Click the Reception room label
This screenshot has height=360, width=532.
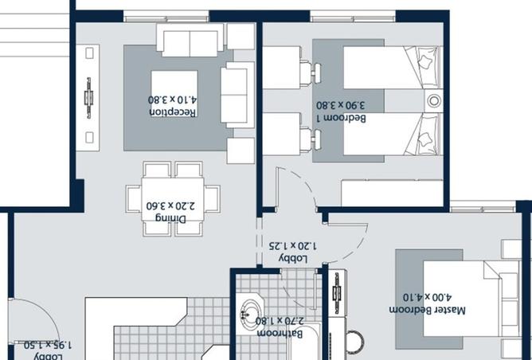point(173,112)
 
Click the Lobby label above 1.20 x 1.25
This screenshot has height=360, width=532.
point(292,259)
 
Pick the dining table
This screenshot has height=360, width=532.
point(173,198)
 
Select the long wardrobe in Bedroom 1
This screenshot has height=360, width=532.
point(391,194)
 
